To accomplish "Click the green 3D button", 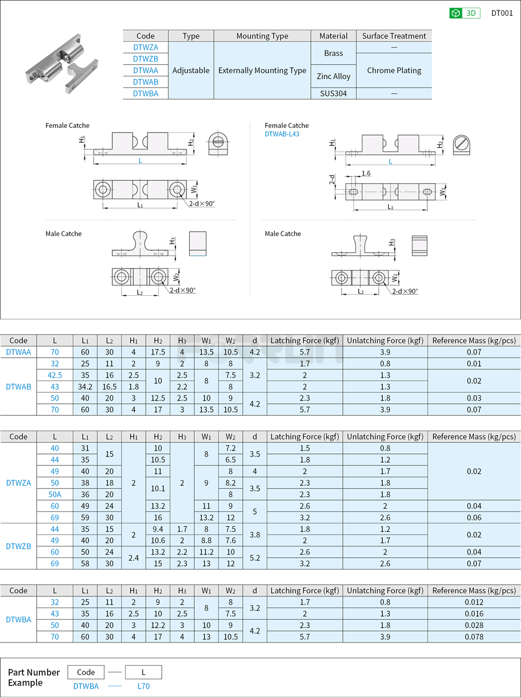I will tap(465, 13).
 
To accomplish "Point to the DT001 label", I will tap(502, 13).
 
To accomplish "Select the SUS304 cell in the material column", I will tap(333, 93).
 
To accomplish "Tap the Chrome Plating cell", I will tap(394, 70).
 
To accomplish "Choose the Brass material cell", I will tap(333, 53).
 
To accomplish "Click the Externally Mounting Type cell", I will tap(262, 70).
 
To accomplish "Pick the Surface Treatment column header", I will tap(394, 36).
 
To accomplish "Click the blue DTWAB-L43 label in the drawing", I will tap(282, 134).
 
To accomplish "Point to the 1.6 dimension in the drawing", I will tap(366, 173).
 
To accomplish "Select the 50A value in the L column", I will tap(55, 494).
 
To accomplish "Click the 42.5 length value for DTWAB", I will tap(55, 375).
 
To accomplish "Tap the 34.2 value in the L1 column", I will tap(85, 387).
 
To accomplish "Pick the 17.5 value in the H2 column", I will tap(158, 352).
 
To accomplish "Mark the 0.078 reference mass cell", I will tap(474, 637).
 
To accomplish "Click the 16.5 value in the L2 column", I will tap(109, 387).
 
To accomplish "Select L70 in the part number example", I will tap(143, 686).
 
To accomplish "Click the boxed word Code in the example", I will tap(86, 672).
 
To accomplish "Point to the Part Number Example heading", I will tap(33, 677).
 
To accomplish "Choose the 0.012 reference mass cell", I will tap(474, 602).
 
